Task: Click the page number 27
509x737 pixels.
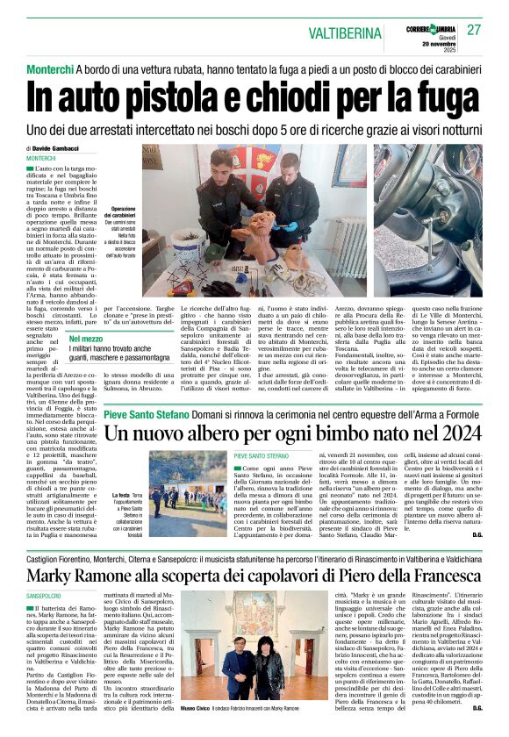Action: click(474, 30)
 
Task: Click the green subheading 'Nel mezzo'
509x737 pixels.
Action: click(87, 338)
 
